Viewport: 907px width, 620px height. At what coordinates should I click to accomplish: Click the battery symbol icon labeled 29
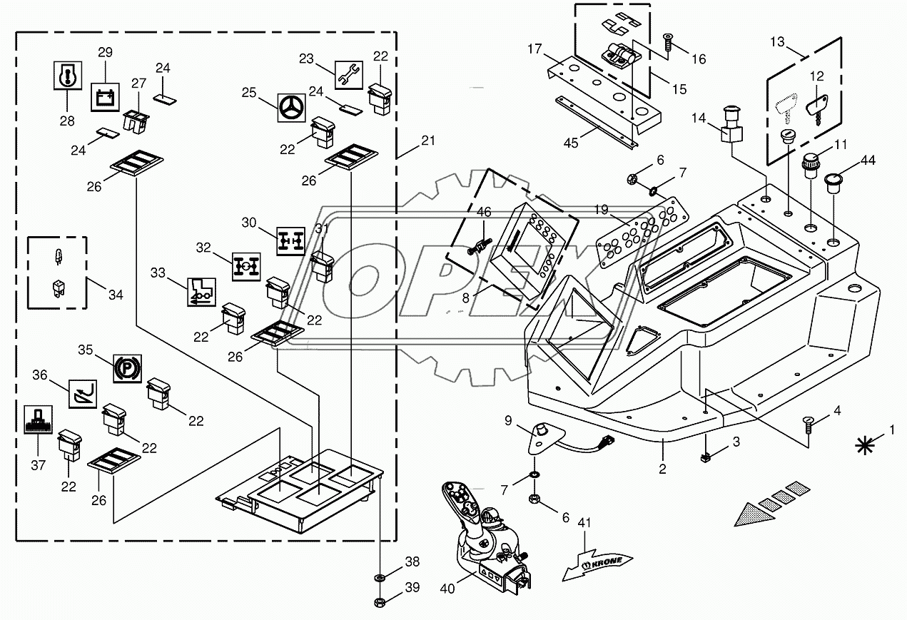[105, 96]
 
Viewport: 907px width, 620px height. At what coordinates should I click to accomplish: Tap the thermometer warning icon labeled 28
[67, 75]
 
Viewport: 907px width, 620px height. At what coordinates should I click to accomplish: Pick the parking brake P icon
[128, 369]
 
